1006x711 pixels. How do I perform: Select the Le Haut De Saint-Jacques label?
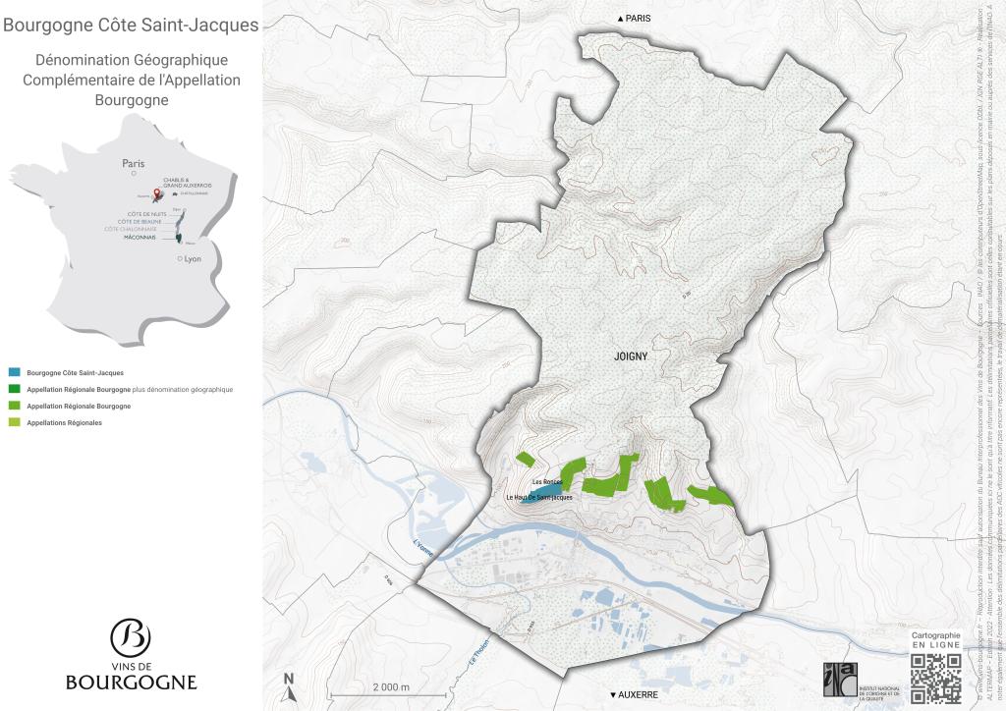[539, 498]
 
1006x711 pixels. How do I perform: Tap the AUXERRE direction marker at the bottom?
[634, 694]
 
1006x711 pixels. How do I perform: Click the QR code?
[935, 678]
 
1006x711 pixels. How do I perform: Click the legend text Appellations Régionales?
[64, 422]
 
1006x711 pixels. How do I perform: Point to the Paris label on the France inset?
[133, 164]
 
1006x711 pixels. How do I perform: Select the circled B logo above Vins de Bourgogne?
[131, 637]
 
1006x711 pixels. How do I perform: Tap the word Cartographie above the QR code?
[935, 636]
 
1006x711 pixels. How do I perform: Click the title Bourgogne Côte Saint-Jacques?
[131, 25]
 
